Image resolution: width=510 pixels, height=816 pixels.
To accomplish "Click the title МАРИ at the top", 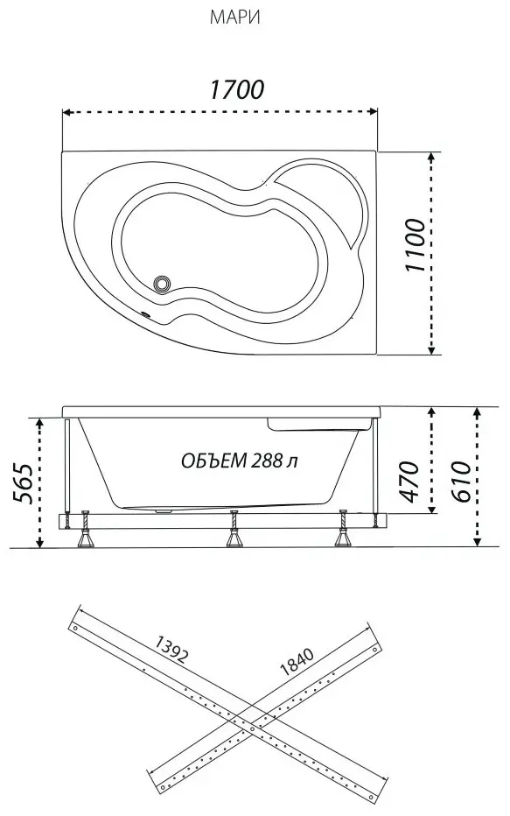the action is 234,18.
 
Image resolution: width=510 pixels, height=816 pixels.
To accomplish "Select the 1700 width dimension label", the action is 236,89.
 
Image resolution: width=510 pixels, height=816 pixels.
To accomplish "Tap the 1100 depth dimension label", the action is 416,245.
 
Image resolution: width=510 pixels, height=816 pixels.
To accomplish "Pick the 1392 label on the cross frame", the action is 171,649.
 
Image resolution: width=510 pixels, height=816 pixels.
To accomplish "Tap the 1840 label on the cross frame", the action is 297,661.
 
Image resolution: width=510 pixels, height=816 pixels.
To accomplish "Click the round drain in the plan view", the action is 162,283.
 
